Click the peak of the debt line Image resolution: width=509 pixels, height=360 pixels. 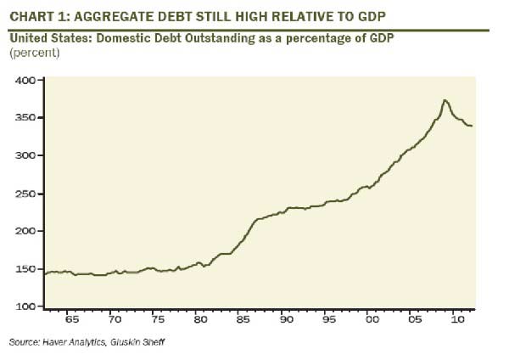(x=445, y=100)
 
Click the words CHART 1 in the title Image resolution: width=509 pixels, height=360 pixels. (x=35, y=13)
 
